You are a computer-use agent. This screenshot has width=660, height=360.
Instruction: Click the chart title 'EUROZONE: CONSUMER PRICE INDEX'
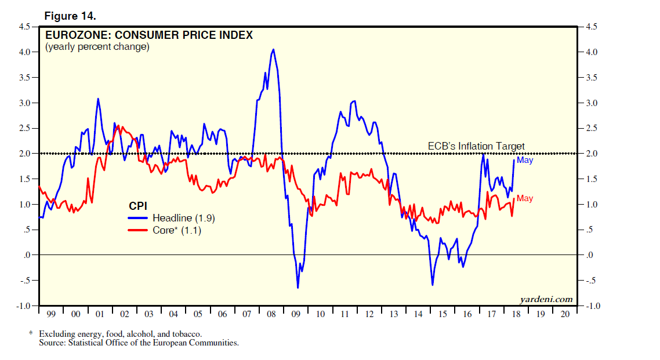click(x=149, y=35)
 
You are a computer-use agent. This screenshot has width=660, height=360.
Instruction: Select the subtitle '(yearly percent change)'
click(x=97, y=47)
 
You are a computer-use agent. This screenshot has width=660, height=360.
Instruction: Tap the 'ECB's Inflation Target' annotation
click(x=476, y=146)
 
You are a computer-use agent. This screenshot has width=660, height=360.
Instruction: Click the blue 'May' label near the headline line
click(x=525, y=160)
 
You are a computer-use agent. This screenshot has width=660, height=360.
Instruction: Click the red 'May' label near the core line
click(x=525, y=198)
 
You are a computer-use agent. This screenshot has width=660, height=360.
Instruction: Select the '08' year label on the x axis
click(x=271, y=314)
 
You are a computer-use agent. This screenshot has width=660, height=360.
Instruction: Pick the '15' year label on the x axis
click(x=443, y=314)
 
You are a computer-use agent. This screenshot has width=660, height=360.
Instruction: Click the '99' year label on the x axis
click(x=50, y=314)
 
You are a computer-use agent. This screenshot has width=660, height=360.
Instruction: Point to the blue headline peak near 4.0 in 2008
click(x=273, y=49)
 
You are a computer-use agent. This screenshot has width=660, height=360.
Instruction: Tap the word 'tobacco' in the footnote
click(x=187, y=334)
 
